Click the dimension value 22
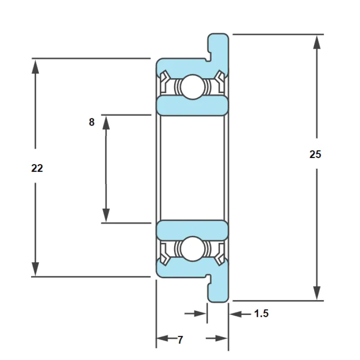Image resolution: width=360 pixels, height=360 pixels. click(x=37, y=168)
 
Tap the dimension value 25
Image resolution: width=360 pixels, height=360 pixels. click(x=315, y=154)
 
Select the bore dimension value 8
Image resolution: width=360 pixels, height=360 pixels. click(x=92, y=122)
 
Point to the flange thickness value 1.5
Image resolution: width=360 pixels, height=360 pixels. click(x=261, y=313)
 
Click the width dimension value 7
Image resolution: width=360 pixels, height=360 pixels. click(x=180, y=340)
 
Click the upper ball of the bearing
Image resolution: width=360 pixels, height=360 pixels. click(x=193, y=87)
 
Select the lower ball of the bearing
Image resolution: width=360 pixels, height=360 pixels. click(x=193, y=249)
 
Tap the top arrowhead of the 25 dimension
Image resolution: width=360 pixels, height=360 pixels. click(x=317, y=42)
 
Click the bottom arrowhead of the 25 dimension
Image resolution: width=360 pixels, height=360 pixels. click(x=317, y=293)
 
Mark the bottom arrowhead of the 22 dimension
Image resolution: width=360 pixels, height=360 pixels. click(x=35, y=269)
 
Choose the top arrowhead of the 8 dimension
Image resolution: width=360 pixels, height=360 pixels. click(x=106, y=122)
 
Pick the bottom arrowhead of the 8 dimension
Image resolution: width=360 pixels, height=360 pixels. click(x=106, y=216)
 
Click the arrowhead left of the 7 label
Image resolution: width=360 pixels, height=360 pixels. click(x=162, y=338)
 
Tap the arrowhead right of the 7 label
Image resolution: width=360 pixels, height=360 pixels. click(x=221, y=338)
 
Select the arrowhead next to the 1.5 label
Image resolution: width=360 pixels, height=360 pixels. click(x=235, y=314)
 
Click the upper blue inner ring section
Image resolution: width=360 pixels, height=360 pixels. click(x=193, y=106)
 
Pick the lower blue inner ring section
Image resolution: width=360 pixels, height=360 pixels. click(x=193, y=230)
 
